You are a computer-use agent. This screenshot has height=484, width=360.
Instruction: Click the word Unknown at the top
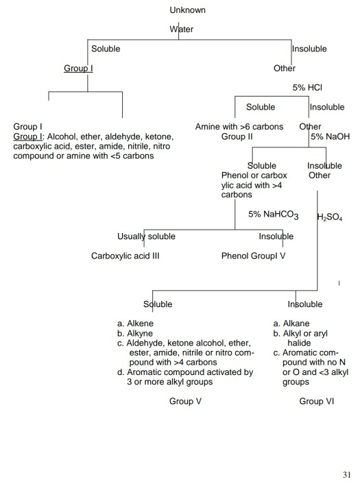coord(187,10)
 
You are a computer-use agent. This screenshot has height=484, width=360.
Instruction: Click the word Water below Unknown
coord(182,29)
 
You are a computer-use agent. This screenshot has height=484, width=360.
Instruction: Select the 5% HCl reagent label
coord(307,88)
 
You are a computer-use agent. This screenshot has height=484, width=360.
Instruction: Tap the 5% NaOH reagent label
coord(330,137)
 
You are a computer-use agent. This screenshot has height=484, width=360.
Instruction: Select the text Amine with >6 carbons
coord(239,127)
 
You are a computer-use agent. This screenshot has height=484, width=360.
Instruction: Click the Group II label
coord(238,136)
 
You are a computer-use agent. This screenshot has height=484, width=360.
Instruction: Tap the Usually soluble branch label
coord(146,237)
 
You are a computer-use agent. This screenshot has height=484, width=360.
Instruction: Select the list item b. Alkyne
coord(136,333)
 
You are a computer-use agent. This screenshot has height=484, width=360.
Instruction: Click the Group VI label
coord(317,401)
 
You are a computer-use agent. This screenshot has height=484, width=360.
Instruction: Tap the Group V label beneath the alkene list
coord(185,401)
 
